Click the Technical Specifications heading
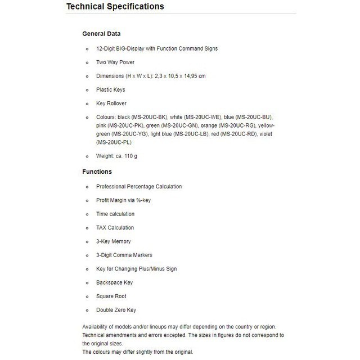coord(115,7)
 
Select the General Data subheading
coord(101,34)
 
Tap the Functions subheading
coord(97,172)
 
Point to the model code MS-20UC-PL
coord(113,142)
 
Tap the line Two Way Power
coord(115,62)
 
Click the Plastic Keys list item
coord(110,89)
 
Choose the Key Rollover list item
coord(111,103)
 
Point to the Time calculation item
coord(115,214)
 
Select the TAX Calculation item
coord(115,228)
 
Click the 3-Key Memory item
coord(113,241)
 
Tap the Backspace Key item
coord(114,282)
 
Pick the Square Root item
coord(111,296)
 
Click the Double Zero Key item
coord(116,310)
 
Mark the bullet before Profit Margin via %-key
coord(87,200)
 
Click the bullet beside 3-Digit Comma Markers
coord(87,255)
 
